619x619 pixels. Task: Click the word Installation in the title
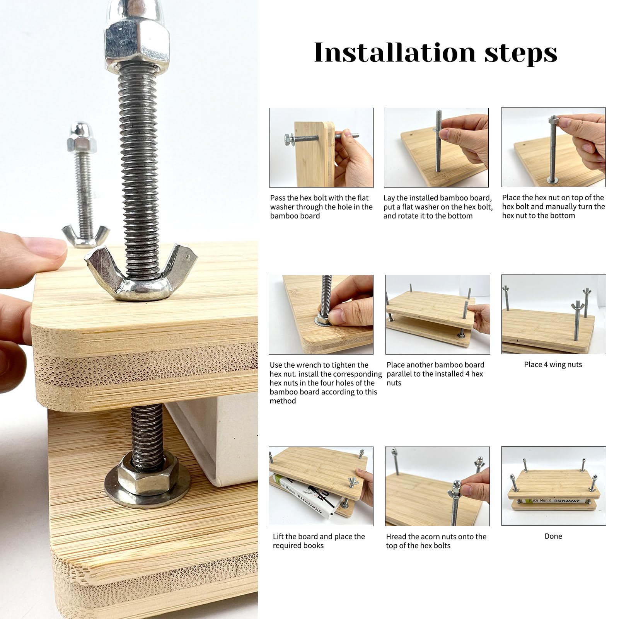click(394, 53)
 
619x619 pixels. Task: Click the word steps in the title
click(520, 53)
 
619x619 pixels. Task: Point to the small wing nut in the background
click(86, 236)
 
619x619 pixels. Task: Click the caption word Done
click(553, 536)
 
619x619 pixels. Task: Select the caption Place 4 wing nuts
click(552, 364)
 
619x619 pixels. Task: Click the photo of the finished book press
click(553, 486)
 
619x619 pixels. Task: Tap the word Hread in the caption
click(396, 536)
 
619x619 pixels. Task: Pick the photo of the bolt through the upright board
click(321, 147)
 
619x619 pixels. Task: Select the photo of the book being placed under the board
click(321, 486)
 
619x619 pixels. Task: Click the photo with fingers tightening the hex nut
click(321, 314)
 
